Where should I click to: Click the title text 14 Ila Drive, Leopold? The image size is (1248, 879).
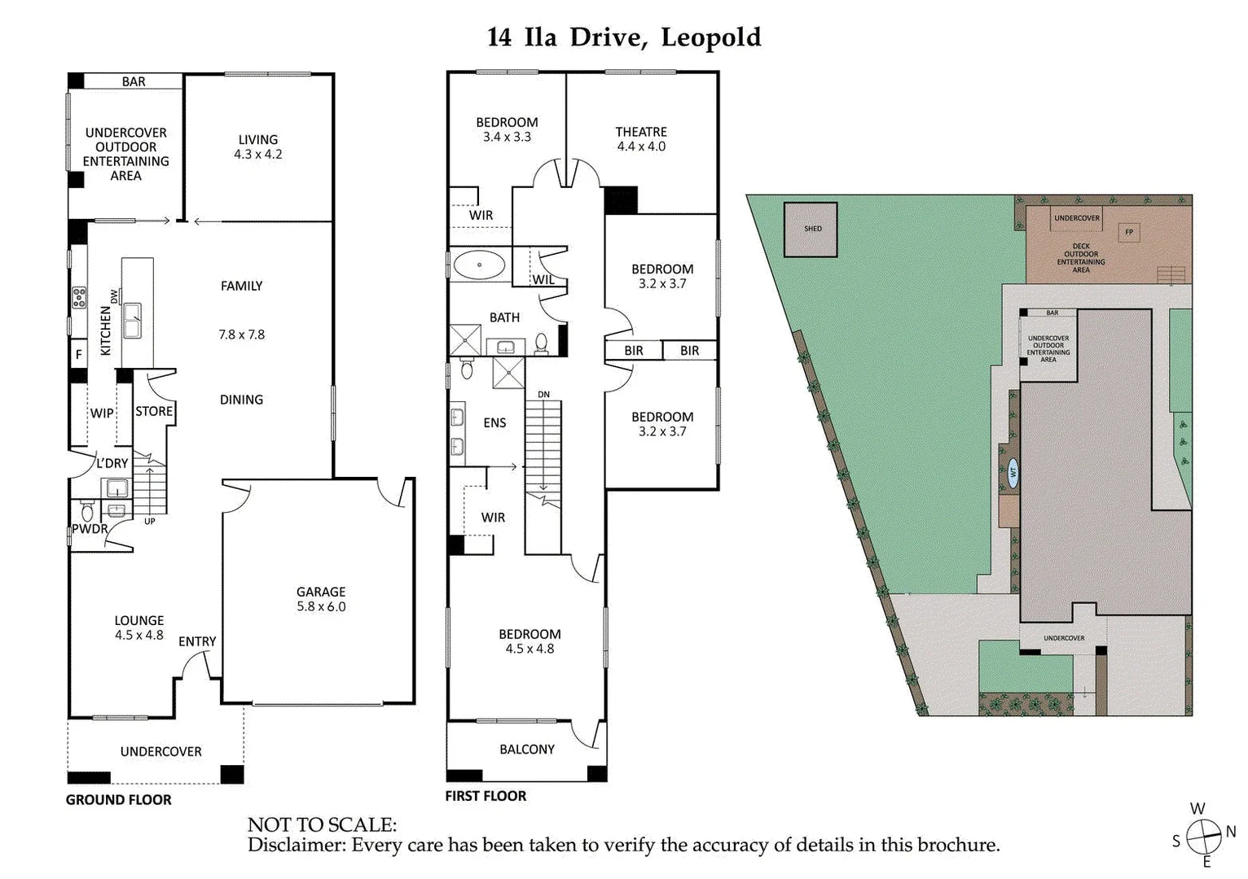(x=624, y=37)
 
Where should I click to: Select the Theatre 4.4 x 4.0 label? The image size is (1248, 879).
(x=640, y=139)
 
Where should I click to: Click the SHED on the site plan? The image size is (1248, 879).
(x=812, y=229)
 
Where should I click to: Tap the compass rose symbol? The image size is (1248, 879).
(x=1202, y=835)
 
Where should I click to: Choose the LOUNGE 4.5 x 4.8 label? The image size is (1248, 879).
(x=138, y=628)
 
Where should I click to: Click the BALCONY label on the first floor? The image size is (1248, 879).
(x=526, y=749)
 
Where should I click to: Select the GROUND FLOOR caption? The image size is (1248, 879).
(x=119, y=800)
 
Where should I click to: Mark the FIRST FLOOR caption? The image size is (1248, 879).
(x=486, y=796)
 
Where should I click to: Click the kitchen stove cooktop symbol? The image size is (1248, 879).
(x=79, y=298)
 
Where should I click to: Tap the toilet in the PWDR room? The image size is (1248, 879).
(x=87, y=512)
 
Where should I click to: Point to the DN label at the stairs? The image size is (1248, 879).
(x=543, y=395)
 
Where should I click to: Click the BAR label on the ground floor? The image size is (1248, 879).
(x=134, y=81)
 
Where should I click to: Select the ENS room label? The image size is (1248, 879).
(x=494, y=422)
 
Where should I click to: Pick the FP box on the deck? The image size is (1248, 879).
(x=1128, y=232)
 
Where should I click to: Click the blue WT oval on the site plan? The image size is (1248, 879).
(x=1013, y=472)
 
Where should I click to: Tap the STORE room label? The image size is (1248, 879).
(x=154, y=411)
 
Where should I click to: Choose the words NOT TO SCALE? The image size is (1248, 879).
(x=322, y=825)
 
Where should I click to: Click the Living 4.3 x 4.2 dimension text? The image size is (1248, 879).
(x=257, y=154)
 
